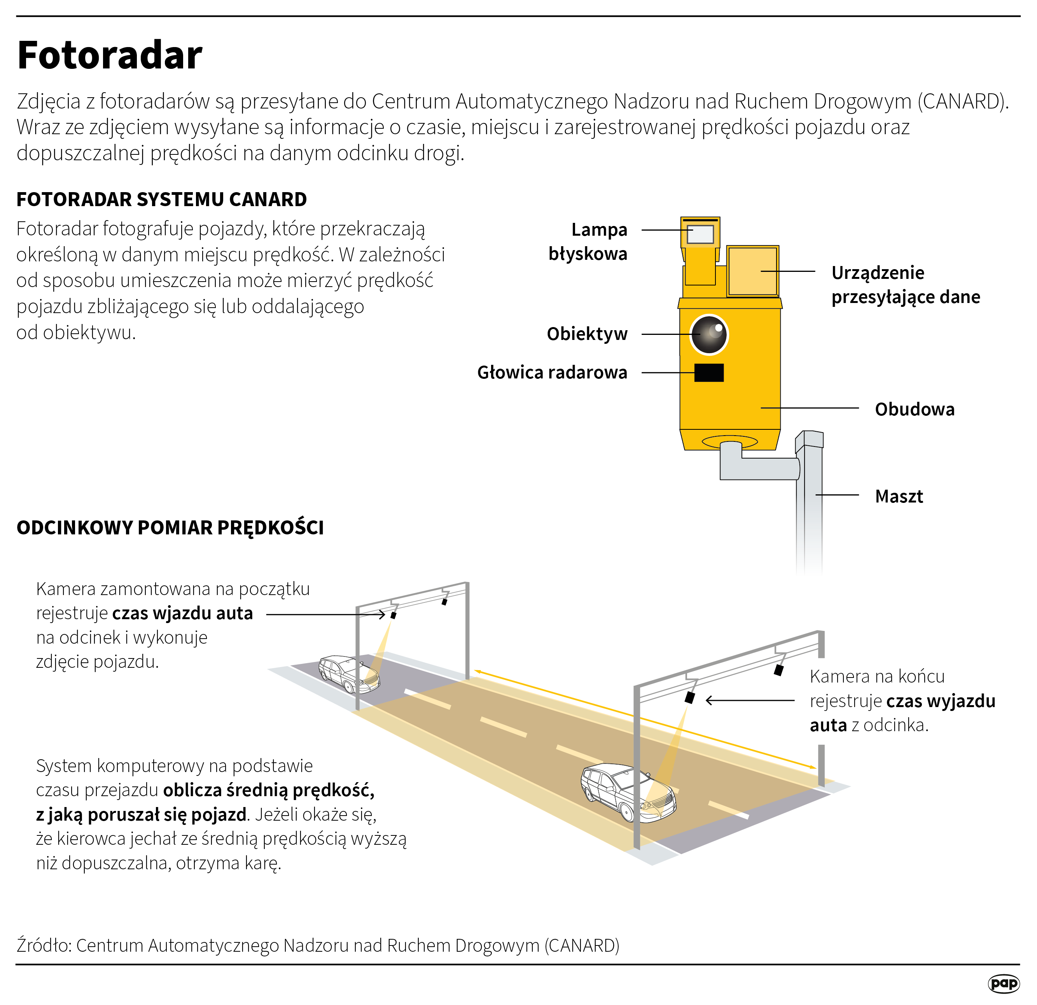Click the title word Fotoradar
[110, 56]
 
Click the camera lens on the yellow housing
[709, 334]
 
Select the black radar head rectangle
[709, 373]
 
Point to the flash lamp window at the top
[700, 234]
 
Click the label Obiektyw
[587, 334]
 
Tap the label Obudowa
[914, 410]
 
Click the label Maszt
[899, 496]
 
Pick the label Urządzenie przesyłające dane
[905, 285]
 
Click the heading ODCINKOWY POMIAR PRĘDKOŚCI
[170, 528]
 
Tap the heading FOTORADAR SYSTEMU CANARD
[161, 200]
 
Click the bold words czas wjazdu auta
[182, 613]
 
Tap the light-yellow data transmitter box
[752, 271]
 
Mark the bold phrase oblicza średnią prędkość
[269, 790]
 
